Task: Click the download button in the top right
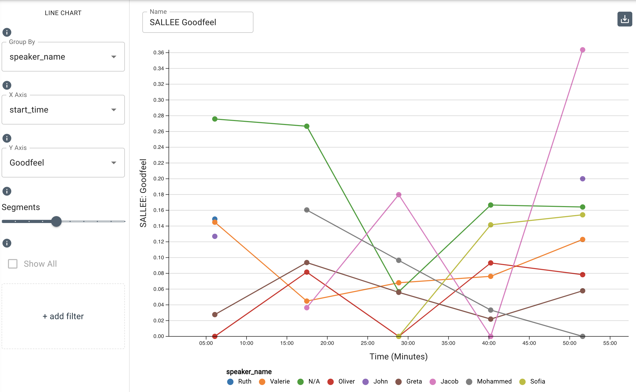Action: (625, 19)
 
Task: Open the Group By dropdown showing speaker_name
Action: (63, 57)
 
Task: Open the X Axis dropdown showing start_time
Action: (63, 110)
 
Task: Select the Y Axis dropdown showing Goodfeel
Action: (63, 163)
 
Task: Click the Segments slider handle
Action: (56, 221)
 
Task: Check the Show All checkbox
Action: (13, 264)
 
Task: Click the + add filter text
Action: (63, 316)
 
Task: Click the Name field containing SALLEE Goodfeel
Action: (198, 22)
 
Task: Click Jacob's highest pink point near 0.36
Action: (582, 50)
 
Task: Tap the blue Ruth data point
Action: (215, 219)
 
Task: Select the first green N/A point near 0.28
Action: (215, 119)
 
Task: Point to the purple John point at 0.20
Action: (582, 179)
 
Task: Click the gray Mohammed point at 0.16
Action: (307, 210)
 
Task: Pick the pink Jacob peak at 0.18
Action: (398, 195)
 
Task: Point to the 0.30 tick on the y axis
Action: (159, 100)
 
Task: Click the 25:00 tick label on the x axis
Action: (367, 343)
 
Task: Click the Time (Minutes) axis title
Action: (398, 357)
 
